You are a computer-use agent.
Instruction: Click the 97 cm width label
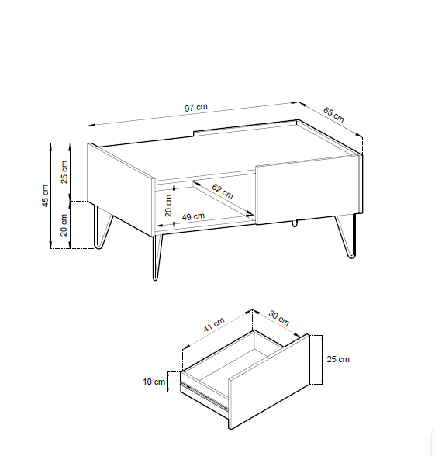tap(196, 107)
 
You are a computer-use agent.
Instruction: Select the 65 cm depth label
tap(333, 115)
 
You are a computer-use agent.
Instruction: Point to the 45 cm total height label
tap(45, 195)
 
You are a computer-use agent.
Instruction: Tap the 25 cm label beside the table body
tap(64, 172)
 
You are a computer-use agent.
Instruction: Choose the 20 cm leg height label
tap(64, 225)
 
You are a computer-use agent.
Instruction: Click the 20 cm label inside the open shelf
tap(168, 206)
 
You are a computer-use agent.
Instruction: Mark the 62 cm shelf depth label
tap(223, 191)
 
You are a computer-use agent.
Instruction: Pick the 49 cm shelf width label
tap(193, 216)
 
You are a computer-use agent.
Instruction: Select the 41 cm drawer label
tap(214, 324)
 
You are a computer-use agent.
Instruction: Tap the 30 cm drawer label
tap(279, 318)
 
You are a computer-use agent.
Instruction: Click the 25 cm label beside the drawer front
tap(338, 359)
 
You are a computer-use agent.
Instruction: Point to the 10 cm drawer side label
tap(154, 382)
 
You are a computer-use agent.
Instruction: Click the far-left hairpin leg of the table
tap(102, 226)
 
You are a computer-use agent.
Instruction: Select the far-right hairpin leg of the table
tap(347, 236)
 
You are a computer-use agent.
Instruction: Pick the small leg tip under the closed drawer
tap(295, 223)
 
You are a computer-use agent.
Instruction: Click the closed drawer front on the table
tap(307, 189)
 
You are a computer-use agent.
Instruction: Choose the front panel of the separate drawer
tap(269, 382)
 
